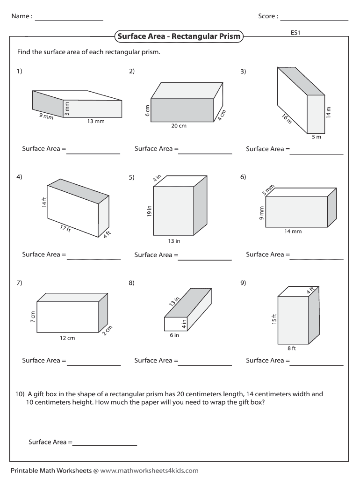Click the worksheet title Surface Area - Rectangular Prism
tap(179, 36)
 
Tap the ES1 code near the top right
tap(295, 33)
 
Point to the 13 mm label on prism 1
tap(96, 122)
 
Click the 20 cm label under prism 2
tap(179, 126)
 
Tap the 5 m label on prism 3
tap(317, 137)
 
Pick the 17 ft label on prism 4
tap(65, 229)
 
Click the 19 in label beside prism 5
tap(149, 211)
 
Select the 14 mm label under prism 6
tap(293, 232)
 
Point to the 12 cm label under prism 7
tap(67, 338)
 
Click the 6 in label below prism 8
tap(174, 335)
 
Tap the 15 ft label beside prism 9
tap(274, 319)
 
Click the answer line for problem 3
tap(317, 153)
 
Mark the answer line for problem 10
tap(105, 445)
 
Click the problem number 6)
tap(243, 177)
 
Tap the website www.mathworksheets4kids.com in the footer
tap(149, 471)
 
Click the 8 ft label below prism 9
tap(292, 348)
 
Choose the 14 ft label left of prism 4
tap(44, 203)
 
